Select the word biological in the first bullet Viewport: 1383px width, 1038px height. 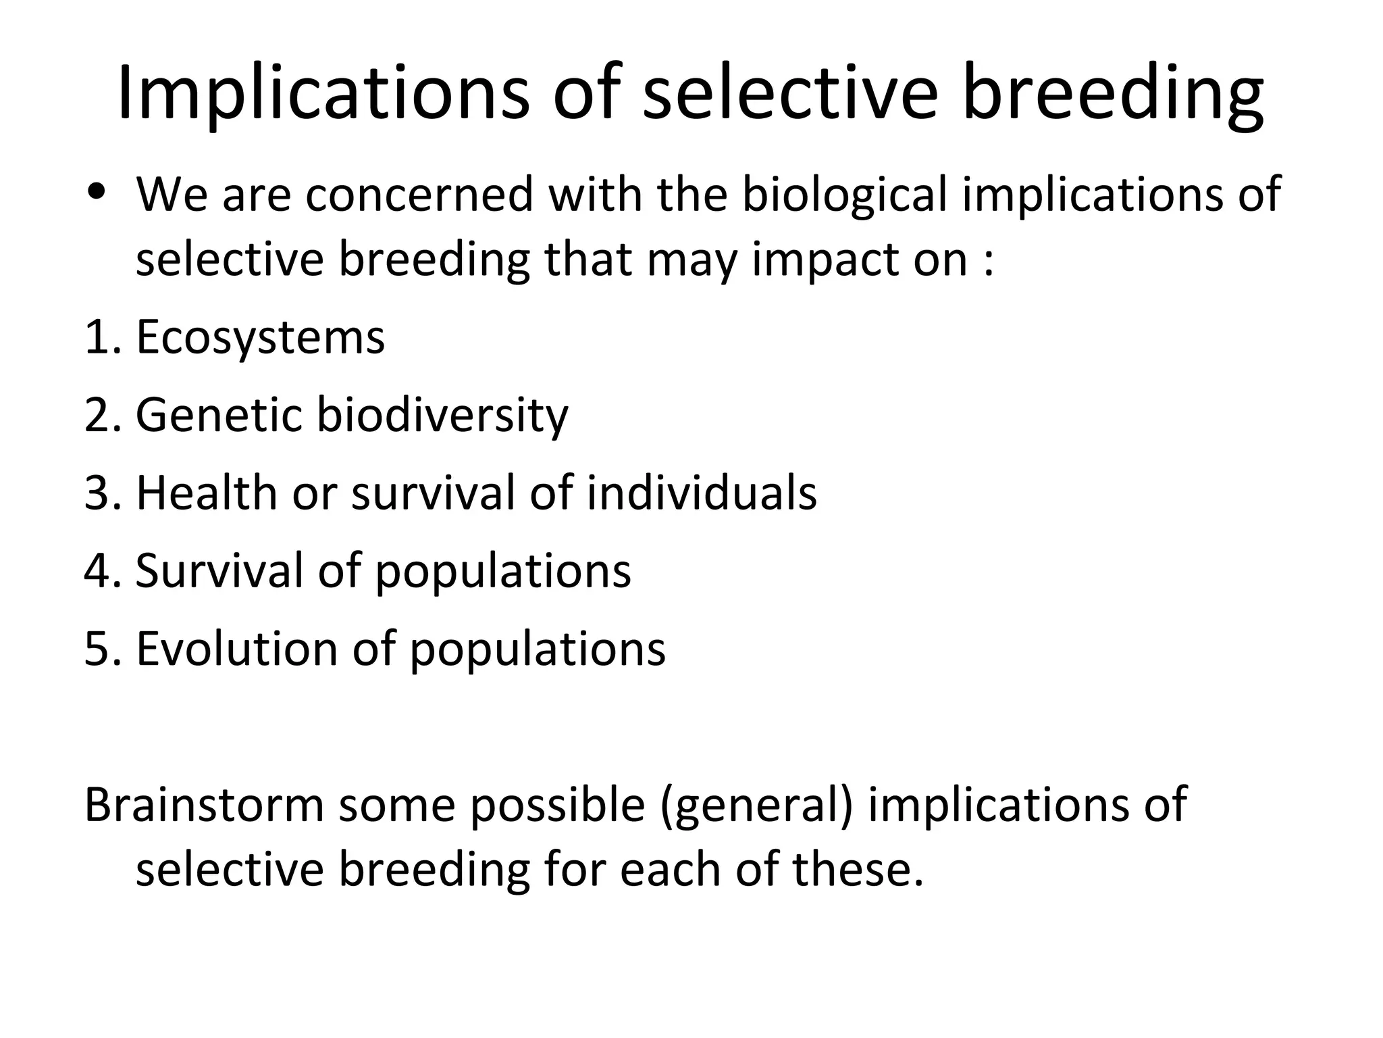point(844,195)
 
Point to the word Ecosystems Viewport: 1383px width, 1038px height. point(260,338)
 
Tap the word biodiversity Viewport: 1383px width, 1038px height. point(442,416)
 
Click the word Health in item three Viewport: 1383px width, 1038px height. point(206,493)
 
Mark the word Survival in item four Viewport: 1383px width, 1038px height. point(219,571)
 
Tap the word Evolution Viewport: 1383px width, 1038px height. point(236,649)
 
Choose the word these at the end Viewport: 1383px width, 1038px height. point(857,869)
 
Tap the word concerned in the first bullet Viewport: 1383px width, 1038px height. point(419,195)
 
